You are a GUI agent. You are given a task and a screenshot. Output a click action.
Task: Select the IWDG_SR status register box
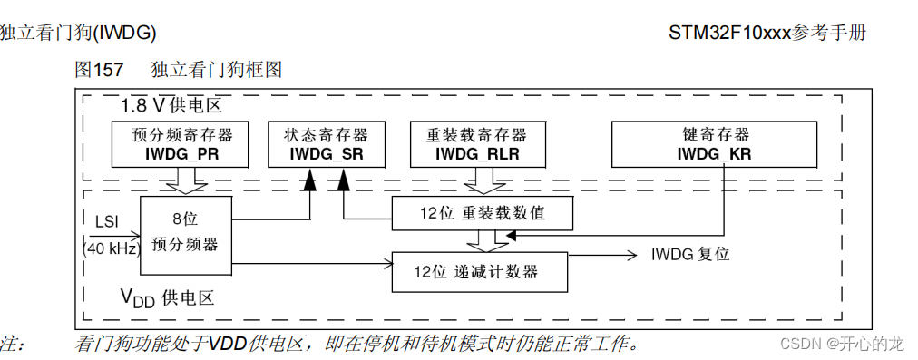click(326, 144)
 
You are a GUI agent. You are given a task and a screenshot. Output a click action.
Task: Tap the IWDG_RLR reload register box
click(476, 144)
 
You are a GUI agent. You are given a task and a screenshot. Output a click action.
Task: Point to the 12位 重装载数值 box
click(482, 214)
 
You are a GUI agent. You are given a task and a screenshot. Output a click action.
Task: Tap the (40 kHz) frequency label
click(111, 248)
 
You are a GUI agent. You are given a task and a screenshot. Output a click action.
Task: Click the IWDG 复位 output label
click(690, 254)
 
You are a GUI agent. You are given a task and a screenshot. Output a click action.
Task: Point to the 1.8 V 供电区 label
click(171, 106)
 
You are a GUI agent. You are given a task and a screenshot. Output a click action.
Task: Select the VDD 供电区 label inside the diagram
click(167, 297)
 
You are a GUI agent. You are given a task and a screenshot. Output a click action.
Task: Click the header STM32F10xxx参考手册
click(767, 33)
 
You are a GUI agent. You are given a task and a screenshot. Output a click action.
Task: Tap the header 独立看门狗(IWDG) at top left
click(78, 33)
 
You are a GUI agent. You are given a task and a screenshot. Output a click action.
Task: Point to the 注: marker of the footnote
click(13, 344)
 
